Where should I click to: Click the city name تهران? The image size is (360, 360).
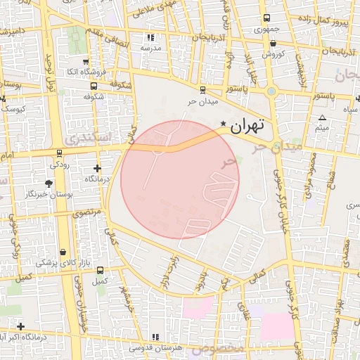[247, 127]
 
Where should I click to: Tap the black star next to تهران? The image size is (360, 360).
[224, 124]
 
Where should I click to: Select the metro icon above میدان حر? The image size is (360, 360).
[203, 89]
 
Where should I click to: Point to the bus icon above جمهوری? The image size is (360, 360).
[266, 19]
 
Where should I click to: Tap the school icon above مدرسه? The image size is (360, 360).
[150, 37]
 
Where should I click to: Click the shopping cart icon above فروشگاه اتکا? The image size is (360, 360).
[86, 61]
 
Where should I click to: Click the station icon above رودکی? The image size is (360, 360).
[59, 153]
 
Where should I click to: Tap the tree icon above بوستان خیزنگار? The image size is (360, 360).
[49, 182]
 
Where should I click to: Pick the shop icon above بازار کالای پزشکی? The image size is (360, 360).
[63, 252]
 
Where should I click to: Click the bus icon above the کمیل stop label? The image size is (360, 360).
[101, 270]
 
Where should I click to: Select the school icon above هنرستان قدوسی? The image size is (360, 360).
[155, 337]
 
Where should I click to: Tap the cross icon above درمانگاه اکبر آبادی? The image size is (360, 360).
[21, 326]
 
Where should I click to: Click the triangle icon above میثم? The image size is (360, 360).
[322, 117]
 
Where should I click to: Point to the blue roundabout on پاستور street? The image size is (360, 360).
[271, 91]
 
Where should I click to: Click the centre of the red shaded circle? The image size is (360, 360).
[180, 179]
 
